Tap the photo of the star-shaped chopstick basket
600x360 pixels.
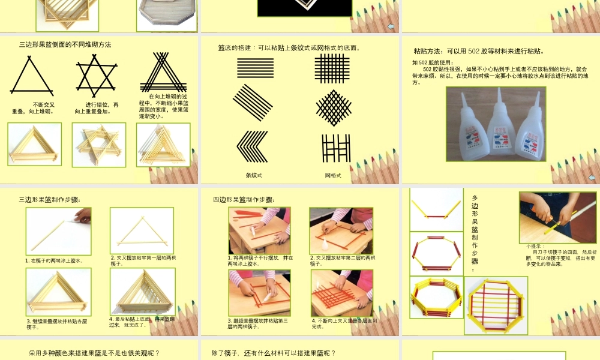tap(99, 145)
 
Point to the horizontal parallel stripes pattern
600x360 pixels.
tap(255, 68)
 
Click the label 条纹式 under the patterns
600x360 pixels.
tap(254, 175)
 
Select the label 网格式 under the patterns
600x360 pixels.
tap(333, 175)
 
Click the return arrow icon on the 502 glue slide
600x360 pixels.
tap(592, 178)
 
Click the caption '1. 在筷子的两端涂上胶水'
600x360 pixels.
tap(54, 260)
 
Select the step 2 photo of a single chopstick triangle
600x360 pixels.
tap(142, 231)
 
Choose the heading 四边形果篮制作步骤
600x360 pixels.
tap(244, 200)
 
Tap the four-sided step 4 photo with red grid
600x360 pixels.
tap(341, 293)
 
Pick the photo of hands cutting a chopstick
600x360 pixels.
tap(557, 217)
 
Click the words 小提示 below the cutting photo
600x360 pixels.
tap(532, 246)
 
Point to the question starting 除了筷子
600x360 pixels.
tap(274, 353)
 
